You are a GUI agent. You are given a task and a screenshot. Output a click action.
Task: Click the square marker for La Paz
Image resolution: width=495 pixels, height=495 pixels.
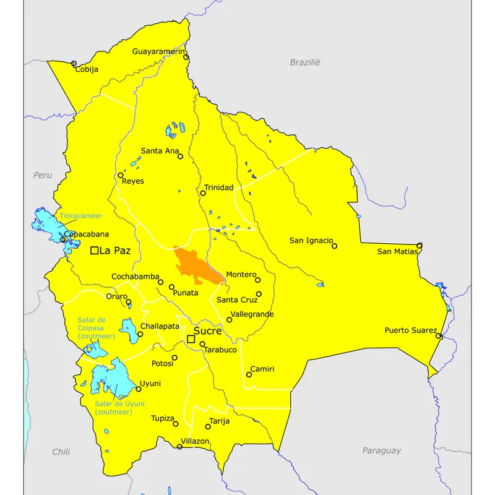pyautogui.click(x=95, y=251)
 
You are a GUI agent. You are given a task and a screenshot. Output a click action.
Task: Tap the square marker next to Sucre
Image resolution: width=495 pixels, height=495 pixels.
pyautogui.click(x=191, y=338)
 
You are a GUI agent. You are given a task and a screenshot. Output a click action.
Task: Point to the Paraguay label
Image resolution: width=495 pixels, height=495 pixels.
pyautogui.click(x=381, y=451)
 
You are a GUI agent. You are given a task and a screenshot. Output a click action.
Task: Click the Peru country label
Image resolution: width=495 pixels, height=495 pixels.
pyautogui.click(x=43, y=175)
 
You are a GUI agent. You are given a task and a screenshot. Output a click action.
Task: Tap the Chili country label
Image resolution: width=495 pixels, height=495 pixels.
pyautogui.click(x=61, y=452)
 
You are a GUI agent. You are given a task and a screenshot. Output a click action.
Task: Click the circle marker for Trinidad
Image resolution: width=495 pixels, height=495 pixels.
pyautogui.click(x=203, y=193)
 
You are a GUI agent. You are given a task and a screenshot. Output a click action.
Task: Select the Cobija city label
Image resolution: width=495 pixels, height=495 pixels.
pyautogui.click(x=87, y=69)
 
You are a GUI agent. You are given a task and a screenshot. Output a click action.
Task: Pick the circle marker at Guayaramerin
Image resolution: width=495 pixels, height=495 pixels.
pyautogui.click(x=186, y=58)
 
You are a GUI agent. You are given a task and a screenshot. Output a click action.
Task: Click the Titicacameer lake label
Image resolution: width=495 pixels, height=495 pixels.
pyautogui.click(x=80, y=216)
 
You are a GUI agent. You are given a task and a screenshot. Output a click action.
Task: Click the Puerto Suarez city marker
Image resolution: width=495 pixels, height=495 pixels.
pyautogui.click(x=438, y=336)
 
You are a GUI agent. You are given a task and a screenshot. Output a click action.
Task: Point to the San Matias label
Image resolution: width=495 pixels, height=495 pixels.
pyautogui.click(x=397, y=251)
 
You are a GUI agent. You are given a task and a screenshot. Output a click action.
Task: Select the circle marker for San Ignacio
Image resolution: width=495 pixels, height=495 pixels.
pyautogui.click(x=335, y=246)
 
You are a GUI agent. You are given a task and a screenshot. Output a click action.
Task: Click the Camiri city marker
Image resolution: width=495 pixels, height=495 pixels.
pyautogui.click(x=249, y=374)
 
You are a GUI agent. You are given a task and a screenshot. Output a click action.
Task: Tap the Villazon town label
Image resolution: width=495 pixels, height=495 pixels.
pyautogui.click(x=195, y=441)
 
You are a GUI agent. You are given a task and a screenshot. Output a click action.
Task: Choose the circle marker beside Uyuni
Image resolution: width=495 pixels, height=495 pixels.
pyautogui.click(x=138, y=389)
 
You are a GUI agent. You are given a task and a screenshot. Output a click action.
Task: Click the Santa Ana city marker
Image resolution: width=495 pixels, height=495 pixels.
pyautogui.click(x=181, y=156)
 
